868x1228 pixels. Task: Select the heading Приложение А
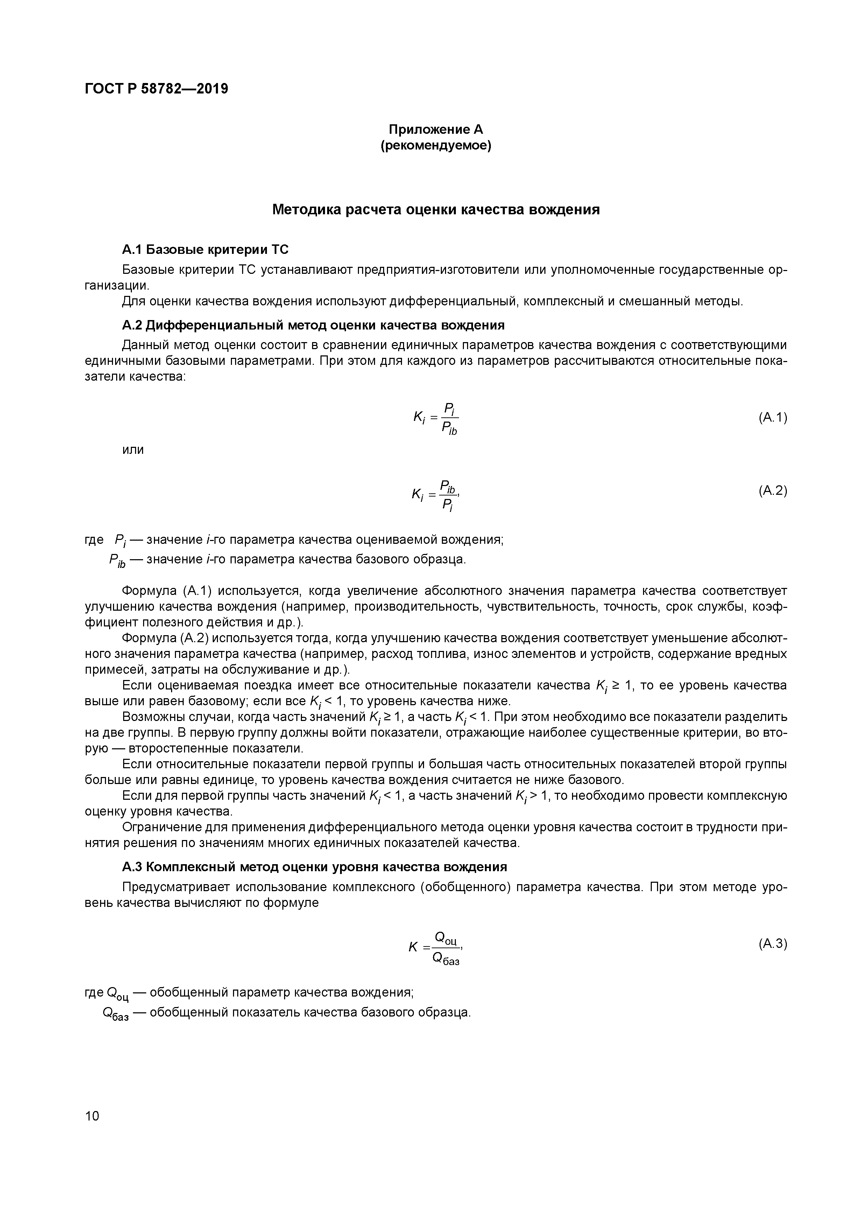[x=436, y=130]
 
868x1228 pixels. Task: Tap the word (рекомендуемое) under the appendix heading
[x=436, y=145]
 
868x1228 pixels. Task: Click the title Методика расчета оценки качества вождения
[x=436, y=210]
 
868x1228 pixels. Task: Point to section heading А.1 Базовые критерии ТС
[x=205, y=249]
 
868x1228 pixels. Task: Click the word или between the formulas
[x=133, y=450]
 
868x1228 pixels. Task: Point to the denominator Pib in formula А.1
[x=449, y=428]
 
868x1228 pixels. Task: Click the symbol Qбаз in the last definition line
[x=115, y=1014]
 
